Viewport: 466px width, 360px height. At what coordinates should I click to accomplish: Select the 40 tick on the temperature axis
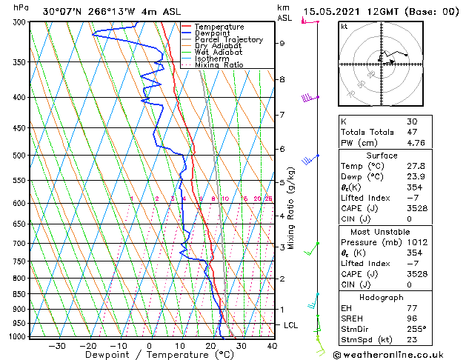(x=272, y=345)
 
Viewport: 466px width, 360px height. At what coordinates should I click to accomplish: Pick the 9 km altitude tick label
(x=282, y=43)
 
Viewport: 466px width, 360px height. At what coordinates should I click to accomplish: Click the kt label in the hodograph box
(x=344, y=27)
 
